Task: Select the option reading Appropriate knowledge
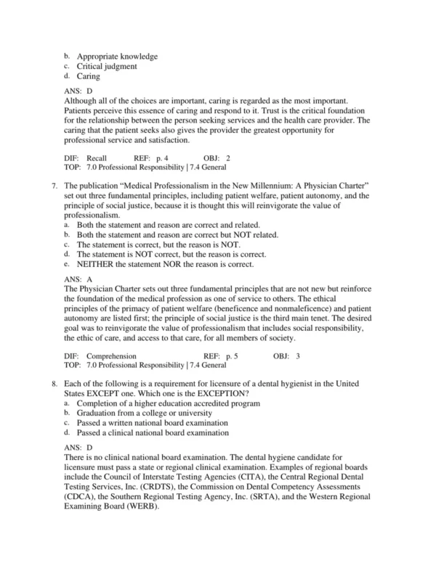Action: (x=117, y=57)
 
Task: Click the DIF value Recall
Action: (x=97, y=157)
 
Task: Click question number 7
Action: (x=54, y=186)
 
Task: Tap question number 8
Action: (x=54, y=385)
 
